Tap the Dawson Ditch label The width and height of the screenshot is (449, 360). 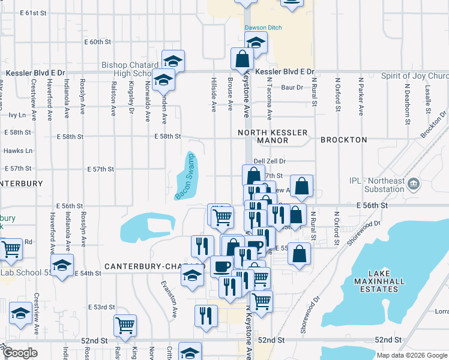[x=263, y=28]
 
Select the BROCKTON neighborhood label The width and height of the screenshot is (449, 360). [x=343, y=140]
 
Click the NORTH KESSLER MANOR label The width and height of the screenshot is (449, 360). [x=273, y=136]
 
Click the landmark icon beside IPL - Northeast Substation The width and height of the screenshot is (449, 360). [x=414, y=183]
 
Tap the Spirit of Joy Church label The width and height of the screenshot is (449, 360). [x=415, y=76]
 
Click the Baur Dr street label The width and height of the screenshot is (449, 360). [x=292, y=88]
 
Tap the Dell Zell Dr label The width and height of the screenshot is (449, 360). [x=270, y=161]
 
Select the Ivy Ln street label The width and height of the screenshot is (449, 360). [x=17, y=115]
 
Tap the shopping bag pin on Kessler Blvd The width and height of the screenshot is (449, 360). [x=242, y=59]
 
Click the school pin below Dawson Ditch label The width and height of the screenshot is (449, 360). [x=256, y=43]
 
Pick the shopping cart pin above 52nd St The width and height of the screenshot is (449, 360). [x=125, y=325]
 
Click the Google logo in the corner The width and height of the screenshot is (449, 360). [x=20, y=353]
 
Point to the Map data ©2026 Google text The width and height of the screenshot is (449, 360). [x=412, y=355]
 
